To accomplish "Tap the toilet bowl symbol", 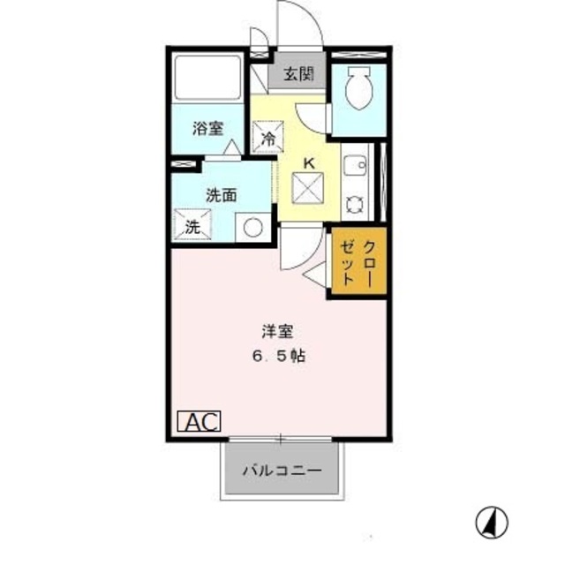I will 358,88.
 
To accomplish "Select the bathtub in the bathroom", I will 207,79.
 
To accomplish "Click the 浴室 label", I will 208,128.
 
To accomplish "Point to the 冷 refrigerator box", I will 268,139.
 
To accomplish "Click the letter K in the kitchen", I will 309,162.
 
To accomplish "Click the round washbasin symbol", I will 253,227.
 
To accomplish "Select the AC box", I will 201,422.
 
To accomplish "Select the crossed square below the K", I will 309,188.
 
